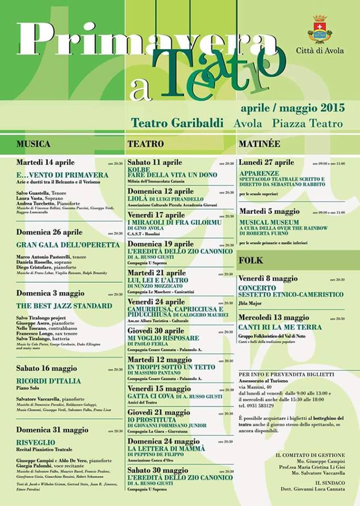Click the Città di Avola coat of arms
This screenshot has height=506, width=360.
tap(319, 30)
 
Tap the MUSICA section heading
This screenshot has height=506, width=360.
tap(33, 143)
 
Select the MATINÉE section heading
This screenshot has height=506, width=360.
tap(259, 143)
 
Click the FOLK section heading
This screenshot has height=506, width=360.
tap(250, 260)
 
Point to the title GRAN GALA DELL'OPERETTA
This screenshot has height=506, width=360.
tap(68, 245)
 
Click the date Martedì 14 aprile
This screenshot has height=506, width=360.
tap(45, 162)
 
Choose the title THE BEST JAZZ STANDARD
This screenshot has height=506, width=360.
tap(64, 306)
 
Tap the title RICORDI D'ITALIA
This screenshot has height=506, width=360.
tap(48, 381)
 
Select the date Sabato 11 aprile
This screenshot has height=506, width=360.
tap(155, 162)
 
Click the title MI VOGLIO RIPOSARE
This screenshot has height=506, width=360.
tap(163, 338)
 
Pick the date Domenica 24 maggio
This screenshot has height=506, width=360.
tap(163, 441)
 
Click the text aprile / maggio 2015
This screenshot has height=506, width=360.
tap(293, 108)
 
